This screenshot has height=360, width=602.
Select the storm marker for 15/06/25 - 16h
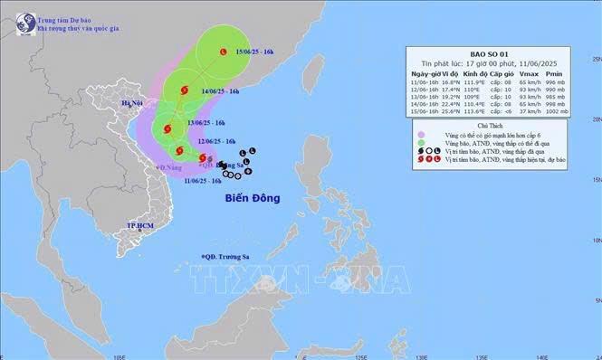coord(223,54)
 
